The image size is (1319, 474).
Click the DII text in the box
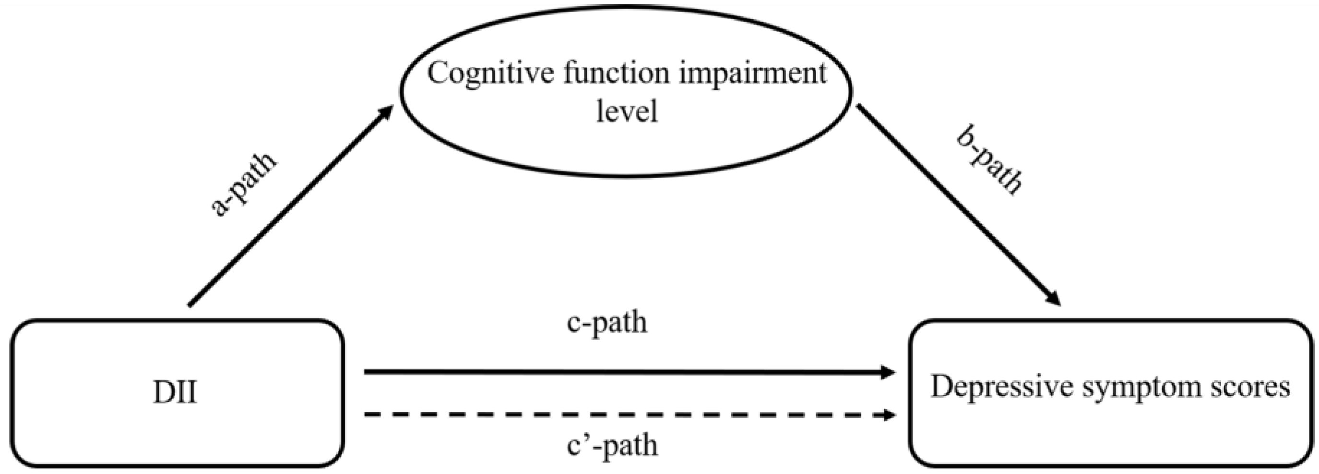175,393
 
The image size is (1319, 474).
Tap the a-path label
243,184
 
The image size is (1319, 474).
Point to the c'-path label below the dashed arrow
612,445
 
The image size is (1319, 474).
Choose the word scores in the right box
1250,387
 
